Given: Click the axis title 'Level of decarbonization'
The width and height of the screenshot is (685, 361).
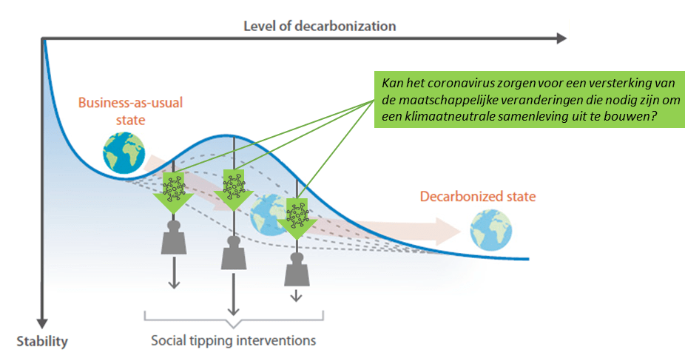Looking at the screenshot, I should (x=320, y=26).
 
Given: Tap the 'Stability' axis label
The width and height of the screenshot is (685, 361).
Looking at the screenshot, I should (x=42, y=342).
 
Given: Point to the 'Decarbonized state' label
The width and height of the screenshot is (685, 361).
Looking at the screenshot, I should (x=478, y=197).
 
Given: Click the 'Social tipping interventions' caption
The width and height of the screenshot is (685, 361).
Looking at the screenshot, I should (x=233, y=341).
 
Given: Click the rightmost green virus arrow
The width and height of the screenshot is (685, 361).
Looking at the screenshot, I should (x=295, y=216).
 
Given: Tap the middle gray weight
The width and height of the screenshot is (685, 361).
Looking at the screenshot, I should (x=233, y=253).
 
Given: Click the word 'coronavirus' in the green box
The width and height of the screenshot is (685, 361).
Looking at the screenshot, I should (x=462, y=82).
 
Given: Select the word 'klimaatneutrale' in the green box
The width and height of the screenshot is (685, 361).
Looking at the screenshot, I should (x=443, y=117).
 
